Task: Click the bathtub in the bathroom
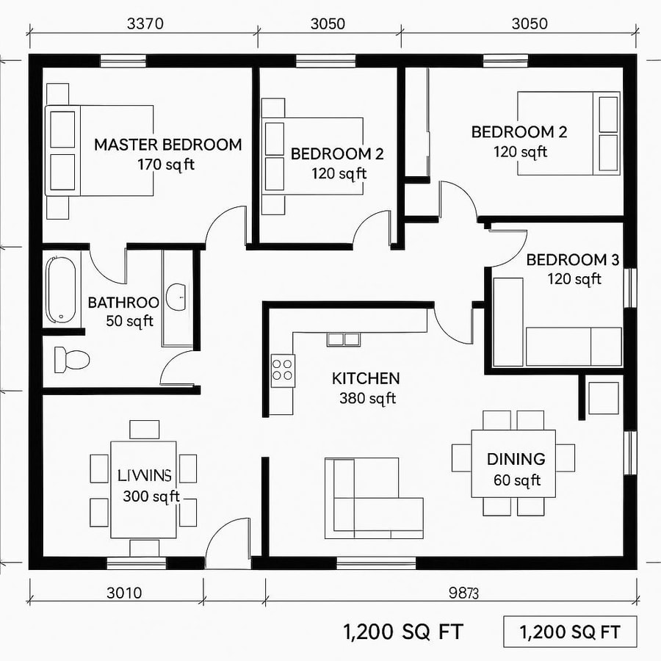(60, 288)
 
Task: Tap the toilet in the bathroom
(71, 359)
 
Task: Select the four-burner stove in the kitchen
(283, 370)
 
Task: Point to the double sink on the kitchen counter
(343, 339)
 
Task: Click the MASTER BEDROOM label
(167, 145)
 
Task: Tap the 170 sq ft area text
(166, 165)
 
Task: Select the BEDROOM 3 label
(573, 260)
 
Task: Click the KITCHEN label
(366, 379)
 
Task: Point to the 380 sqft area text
(367, 399)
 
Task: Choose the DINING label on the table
(516, 460)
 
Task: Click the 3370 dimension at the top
(145, 23)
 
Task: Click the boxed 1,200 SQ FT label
(570, 632)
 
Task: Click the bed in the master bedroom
(99, 151)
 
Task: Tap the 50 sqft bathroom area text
(130, 322)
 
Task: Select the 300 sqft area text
(151, 496)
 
